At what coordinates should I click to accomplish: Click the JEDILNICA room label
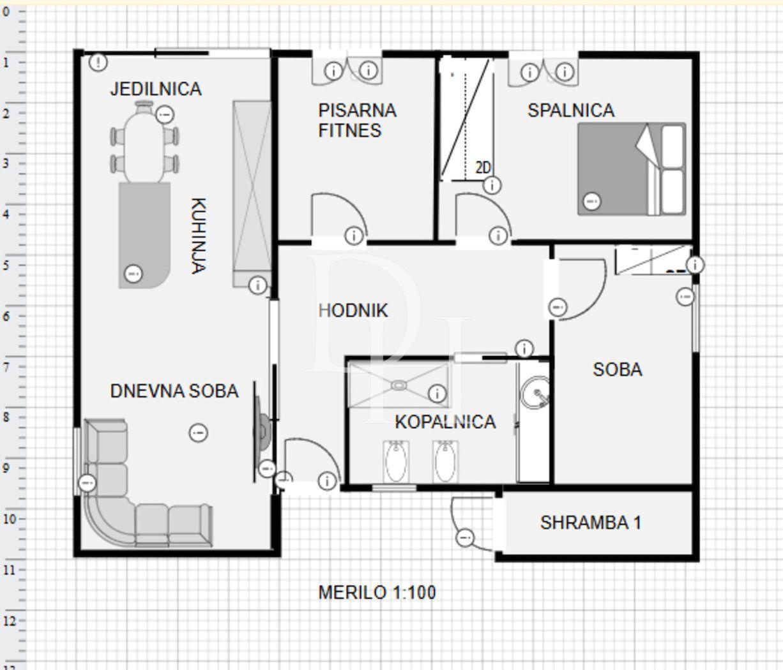pyautogui.click(x=156, y=89)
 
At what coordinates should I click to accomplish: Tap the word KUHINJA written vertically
pyautogui.click(x=198, y=235)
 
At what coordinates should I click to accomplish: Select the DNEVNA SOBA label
pyautogui.click(x=174, y=391)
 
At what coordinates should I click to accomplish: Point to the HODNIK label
pyautogui.click(x=353, y=310)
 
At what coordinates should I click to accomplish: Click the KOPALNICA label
pyautogui.click(x=445, y=422)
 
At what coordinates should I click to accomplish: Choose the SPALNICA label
pyautogui.click(x=571, y=110)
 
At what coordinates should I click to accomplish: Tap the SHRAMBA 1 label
pyautogui.click(x=591, y=523)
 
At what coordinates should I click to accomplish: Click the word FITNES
pyautogui.click(x=349, y=131)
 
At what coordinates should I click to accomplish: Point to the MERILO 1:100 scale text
pyautogui.click(x=377, y=592)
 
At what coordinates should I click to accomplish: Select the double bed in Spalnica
pyautogui.click(x=632, y=169)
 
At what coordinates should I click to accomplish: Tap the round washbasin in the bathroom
pyautogui.click(x=535, y=392)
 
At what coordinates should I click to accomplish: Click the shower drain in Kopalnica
pyautogui.click(x=399, y=385)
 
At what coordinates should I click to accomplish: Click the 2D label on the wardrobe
pyautogui.click(x=483, y=167)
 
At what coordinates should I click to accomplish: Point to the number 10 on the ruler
pyautogui.click(x=9, y=519)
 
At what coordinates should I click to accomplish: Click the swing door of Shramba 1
pyautogui.click(x=472, y=525)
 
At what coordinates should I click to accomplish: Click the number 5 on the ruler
pyautogui.click(x=6, y=265)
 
